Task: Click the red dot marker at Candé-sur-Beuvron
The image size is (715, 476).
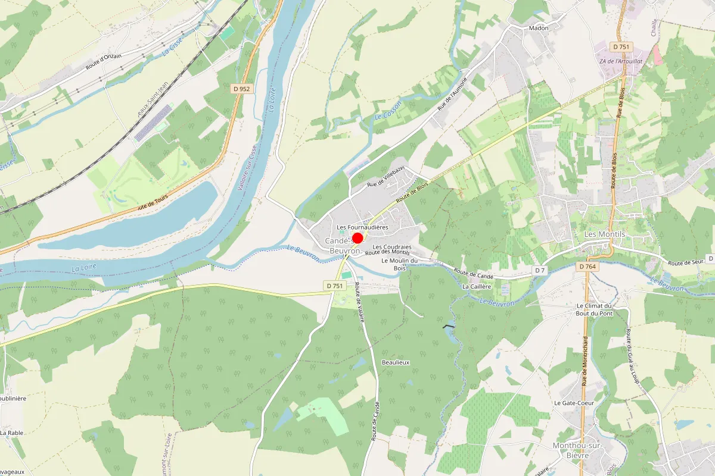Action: coord(357,239)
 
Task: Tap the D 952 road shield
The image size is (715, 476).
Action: coord(242,89)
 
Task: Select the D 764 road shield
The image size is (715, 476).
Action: coord(588,267)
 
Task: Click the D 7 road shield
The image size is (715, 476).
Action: coord(540,271)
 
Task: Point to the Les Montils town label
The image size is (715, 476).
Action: coord(605,234)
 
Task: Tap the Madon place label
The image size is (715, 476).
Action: coord(538,28)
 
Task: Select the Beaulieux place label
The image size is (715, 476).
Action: coord(396,362)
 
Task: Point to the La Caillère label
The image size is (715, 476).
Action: coord(477,286)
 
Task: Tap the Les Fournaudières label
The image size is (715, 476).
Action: coord(362,227)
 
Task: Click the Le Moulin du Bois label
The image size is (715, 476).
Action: coord(400,264)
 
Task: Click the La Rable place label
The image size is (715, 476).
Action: coord(11,433)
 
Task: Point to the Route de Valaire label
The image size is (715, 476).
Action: coord(359,302)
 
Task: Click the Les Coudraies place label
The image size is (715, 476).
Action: coord(392,247)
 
